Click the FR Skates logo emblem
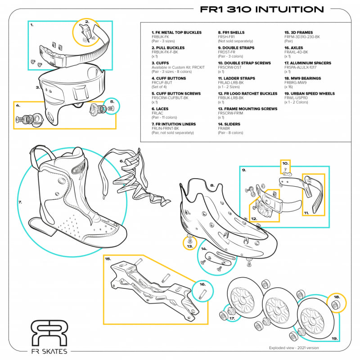(x=49, y=333)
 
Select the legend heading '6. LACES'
(x=161, y=109)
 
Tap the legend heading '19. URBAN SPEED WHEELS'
(x=309, y=94)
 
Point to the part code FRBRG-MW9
(x=295, y=83)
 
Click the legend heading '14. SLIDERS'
(x=230, y=124)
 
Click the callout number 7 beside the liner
(x=20, y=202)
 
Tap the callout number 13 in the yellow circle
(x=190, y=246)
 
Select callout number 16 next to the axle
(x=203, y=284)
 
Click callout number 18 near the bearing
(x=337, y=297)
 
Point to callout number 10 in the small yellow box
(x=284, y=163)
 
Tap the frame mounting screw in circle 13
(x=190, y=238)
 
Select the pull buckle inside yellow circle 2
(x=85, y=32)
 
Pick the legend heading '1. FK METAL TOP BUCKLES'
(x=176, y=32)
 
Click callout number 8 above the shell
(x=211, y=184)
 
